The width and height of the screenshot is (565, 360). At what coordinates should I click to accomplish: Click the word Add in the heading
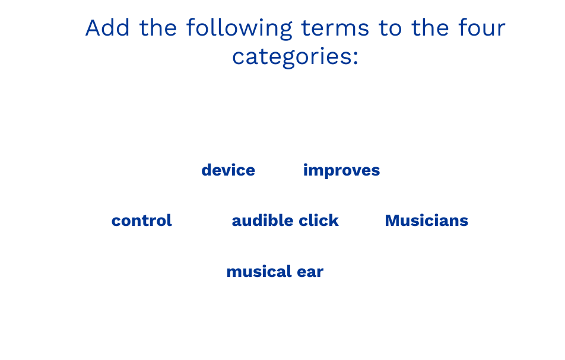tap(107, 28)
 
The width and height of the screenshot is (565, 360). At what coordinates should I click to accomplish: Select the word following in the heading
tap(239, 29)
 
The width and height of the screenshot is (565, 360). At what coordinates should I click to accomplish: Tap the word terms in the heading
tap(335, 28)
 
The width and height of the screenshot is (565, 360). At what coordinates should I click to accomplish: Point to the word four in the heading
tap(482, 28)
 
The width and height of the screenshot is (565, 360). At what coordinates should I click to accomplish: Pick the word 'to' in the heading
tap(390, 29)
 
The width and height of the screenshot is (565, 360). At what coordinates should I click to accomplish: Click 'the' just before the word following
tap(158, 28)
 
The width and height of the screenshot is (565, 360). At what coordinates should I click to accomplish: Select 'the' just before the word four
tap(430, 28)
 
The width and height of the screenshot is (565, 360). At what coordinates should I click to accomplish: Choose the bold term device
tap(228, 170)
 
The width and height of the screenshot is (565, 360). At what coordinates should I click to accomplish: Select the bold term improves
tap(342, 171)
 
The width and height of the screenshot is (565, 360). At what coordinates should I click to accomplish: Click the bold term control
tap(142, 220)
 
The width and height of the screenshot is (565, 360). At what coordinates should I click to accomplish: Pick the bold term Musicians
tap(427, 220)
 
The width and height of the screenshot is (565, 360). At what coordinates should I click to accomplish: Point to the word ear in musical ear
tap(310, 272)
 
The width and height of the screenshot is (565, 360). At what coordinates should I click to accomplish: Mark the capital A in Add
tap(93, 28)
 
